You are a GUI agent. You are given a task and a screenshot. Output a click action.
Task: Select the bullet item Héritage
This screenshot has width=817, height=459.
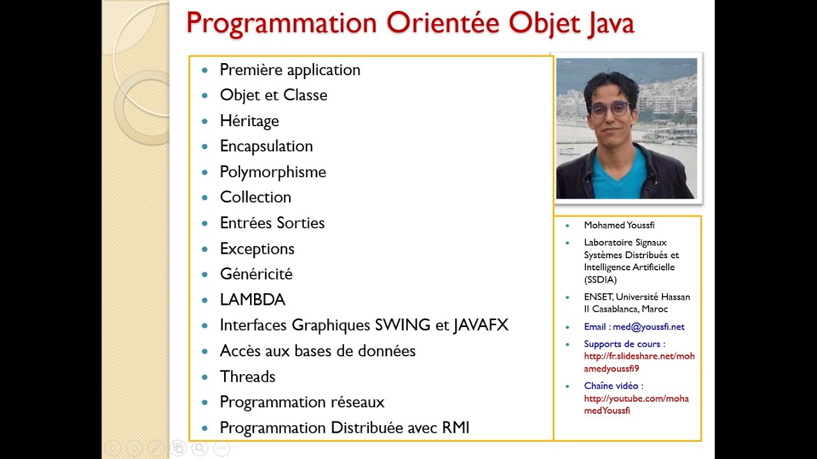(249, 121)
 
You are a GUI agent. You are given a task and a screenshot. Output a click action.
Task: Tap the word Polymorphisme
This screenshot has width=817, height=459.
(273, 172)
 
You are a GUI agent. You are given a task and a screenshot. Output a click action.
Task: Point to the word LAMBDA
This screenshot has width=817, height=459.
(252, 300)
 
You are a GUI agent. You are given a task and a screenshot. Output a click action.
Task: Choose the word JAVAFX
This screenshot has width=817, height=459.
(481, 325)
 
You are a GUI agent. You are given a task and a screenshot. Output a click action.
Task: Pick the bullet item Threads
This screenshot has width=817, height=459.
(247, 377)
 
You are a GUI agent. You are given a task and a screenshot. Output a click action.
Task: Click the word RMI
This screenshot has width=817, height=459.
(456, 428)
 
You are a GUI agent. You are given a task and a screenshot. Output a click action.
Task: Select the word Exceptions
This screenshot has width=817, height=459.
(257, 249)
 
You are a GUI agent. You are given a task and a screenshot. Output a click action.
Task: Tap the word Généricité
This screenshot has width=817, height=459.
(256, 274)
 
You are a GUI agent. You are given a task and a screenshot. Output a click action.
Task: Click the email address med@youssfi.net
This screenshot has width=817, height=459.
(648, 327)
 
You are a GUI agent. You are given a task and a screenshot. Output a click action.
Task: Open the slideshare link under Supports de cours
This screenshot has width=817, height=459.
(639, 363)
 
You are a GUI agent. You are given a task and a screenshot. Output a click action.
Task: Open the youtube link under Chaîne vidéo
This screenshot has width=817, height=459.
(636, 405)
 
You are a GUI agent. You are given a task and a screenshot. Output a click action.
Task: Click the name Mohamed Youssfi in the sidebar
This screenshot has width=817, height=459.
(619, 225)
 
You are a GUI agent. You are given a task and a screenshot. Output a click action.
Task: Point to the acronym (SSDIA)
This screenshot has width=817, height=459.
(600, 280)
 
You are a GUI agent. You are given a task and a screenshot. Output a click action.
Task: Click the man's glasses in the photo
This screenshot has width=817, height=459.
(610, 109)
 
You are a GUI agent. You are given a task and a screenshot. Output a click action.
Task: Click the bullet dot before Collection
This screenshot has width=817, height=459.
(205, 198)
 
